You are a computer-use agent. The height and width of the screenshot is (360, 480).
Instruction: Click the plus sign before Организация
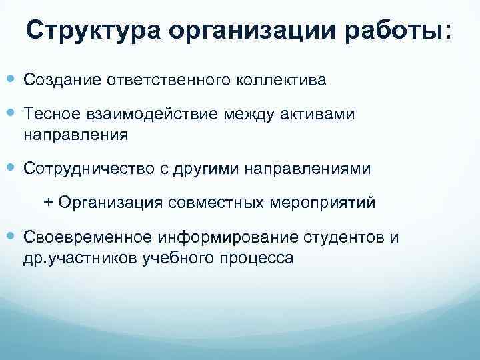pos(48,202)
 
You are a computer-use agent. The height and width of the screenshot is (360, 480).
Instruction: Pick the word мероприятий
pos(323,202)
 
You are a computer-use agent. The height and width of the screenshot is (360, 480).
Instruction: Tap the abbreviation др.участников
pos(81,257)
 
